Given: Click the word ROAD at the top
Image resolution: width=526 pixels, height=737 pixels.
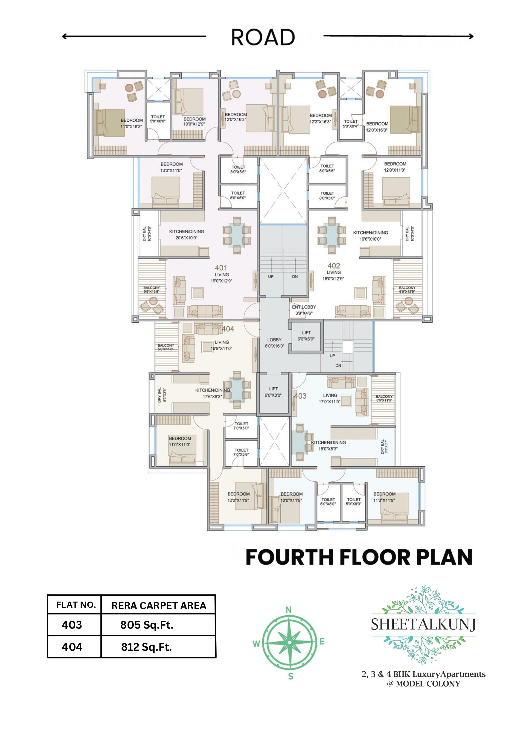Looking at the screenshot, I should pos(263,37).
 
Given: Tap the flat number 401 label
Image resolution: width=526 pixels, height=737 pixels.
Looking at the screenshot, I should pos(221,268).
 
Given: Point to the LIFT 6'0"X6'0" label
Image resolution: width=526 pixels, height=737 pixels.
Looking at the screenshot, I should pos(306,336).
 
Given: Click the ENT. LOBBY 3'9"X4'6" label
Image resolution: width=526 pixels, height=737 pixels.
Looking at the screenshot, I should pos(304,310).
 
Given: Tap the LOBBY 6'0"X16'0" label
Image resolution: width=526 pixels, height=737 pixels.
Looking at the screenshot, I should pos(274,343).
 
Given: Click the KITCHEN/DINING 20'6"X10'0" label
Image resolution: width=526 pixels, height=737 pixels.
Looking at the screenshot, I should pos(186,234).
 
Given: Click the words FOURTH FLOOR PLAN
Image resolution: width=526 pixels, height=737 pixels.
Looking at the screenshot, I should pos(359,557).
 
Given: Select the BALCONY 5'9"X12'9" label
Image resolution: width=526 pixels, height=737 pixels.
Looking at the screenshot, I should pos(151,289).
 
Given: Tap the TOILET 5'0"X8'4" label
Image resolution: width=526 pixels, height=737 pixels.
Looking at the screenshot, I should pos(350,124).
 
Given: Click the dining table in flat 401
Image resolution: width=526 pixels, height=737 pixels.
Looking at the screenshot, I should pos(237,235).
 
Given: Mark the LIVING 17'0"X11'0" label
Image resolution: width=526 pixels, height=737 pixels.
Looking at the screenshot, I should pos(330,398).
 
